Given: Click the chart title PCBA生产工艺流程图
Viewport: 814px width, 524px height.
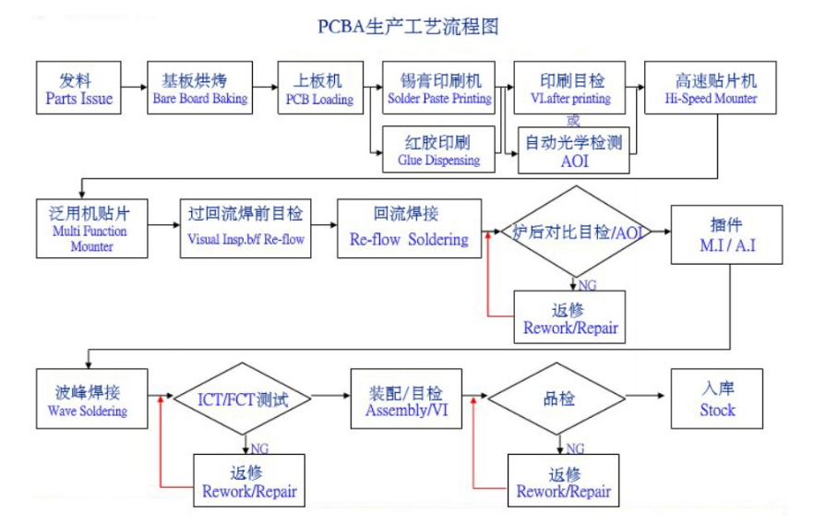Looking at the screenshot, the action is point(408,27).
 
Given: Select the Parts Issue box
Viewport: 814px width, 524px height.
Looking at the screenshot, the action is point(78,88).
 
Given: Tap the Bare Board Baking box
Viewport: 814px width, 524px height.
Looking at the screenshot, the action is point(200,88).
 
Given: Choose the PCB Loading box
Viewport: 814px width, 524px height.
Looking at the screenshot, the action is point(320,88).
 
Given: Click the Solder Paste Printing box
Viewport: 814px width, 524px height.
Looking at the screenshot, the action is point(438,88).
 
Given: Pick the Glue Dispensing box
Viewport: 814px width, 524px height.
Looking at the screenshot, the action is point(438,149).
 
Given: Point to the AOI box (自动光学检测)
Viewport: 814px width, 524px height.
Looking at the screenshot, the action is point(574,150).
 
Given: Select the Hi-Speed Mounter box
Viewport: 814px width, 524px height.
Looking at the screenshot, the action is point(711,88).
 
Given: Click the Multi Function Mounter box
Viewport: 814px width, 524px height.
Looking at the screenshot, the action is point(92,228).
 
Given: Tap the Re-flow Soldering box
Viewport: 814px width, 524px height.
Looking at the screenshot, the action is point(409,228).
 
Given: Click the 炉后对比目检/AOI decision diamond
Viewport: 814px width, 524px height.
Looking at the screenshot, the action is point(576,232).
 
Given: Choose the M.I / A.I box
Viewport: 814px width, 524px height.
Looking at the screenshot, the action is point(727,234).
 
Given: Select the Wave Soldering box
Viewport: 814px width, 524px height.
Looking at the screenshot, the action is point(92,399).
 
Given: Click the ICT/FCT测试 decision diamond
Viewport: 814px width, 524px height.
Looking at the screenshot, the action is point(243,399).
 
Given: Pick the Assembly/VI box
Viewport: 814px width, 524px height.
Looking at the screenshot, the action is point(406,399).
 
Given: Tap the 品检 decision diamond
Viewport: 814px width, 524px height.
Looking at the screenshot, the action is point(557,399).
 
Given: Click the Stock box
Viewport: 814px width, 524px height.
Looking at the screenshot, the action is point(717,399).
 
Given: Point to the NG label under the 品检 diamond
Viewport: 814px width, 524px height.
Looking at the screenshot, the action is point(575,447).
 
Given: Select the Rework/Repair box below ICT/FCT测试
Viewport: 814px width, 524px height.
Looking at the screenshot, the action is point(249,481).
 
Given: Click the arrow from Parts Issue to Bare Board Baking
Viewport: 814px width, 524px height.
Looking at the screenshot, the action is point(134,87).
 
